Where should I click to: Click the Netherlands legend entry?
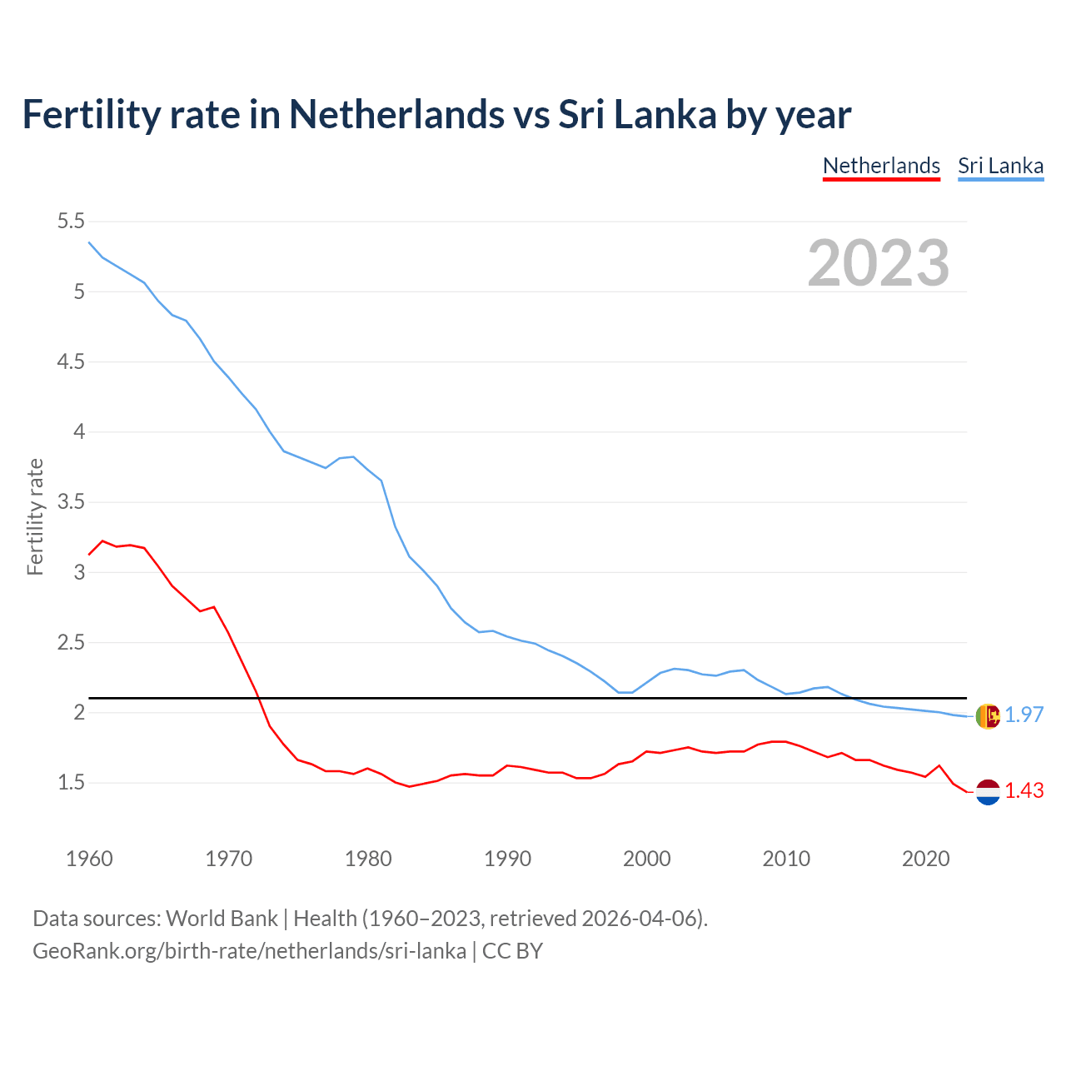click(881, 166)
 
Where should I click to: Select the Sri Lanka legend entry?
click(1000, 166)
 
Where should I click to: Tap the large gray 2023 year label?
click(879, 263)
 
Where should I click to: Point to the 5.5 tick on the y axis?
click(71, 222)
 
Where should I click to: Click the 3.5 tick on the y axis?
click(71, 502)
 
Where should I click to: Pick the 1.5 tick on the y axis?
click(71, 783)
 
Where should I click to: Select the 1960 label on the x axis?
click(89, 859)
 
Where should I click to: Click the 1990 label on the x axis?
click(507, 859)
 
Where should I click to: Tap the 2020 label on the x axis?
click(925, 859)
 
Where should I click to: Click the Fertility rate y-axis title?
click(35, 516)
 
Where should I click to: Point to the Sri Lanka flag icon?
click(988, 715)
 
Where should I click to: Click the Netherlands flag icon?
click(988, 792)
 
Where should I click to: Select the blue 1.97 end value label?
click(1024, 715)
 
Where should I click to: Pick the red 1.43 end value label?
click(1024, 791)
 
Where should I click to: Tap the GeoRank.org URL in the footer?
click(249, 951)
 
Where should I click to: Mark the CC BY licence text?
click(512, 951)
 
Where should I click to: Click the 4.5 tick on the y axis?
click(71, 362)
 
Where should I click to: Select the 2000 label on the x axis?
click(646, 859)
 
